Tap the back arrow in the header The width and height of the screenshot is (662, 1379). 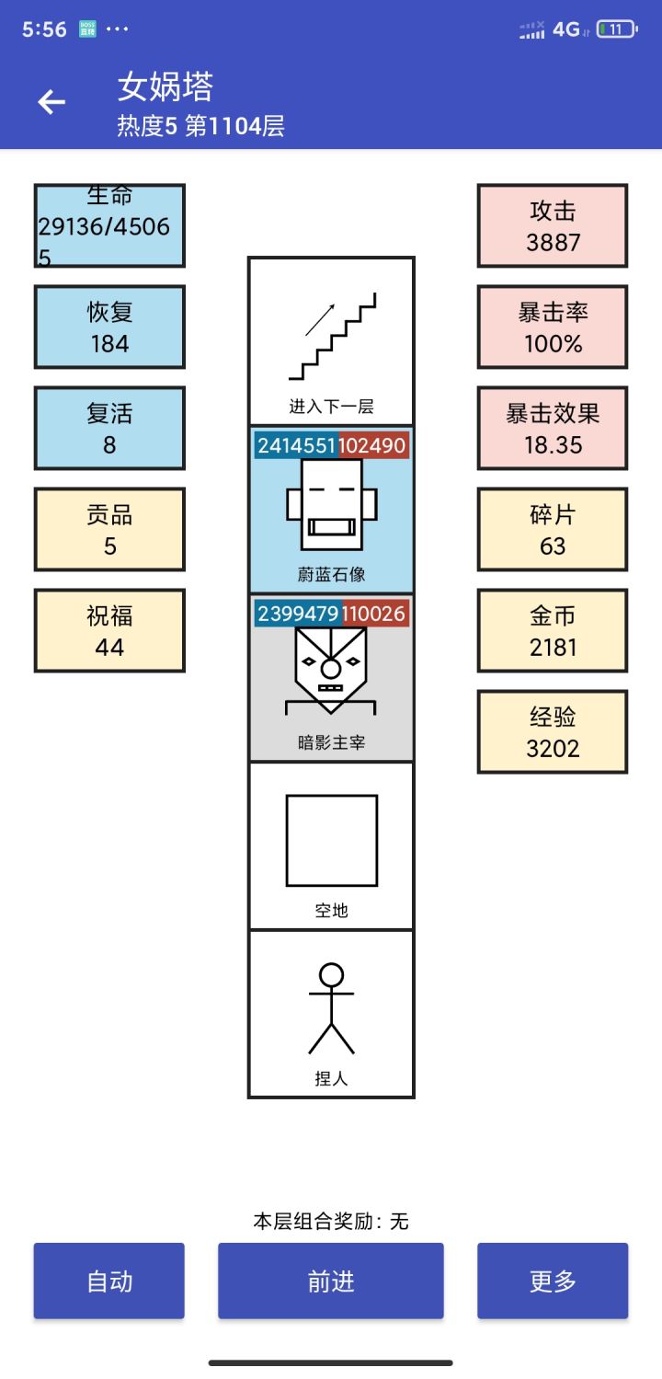pyautogui.click(x=51, y=102)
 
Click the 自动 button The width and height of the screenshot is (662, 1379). pyautogui.click(x=109, y=1281)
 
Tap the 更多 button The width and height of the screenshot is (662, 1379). pyautogui.click(x=553, y=1281)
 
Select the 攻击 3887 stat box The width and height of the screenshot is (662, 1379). pyautogui.click(x=553, y=226)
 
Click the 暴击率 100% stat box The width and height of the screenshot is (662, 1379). pyautogui.click(x=553, y=328)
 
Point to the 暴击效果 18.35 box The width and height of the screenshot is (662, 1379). pyautogui.click(x=553, y=429)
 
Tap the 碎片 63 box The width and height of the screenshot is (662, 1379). pyautogui.click(x=553, y=530)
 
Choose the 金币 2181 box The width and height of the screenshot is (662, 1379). pyautogui.click(x=553, y=631)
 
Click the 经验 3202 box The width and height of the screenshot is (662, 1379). pyautogui.click(x=553, y=732)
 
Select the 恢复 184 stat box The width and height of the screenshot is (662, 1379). pyautogui.click(x=109, y=328)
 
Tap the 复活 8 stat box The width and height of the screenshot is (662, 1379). pyautogui.click(x=109, y=429)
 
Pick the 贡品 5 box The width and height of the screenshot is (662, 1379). pyautogui.click(x=109, y=530)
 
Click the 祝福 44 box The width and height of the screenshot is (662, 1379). pyautogui.click(x=109, y=631)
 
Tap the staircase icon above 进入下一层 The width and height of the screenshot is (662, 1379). pyautogui.click(x=332, y=337)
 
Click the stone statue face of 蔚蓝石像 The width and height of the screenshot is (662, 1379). pyautogui.click(x=332, y=505)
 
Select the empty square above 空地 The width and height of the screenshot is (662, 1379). pyautogui.click(x=332, y=840)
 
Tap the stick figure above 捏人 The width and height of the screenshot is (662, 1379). pyautogui.click(x=332, y=1008)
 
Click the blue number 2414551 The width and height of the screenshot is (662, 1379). pyautogui.click(x=297, y=446)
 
